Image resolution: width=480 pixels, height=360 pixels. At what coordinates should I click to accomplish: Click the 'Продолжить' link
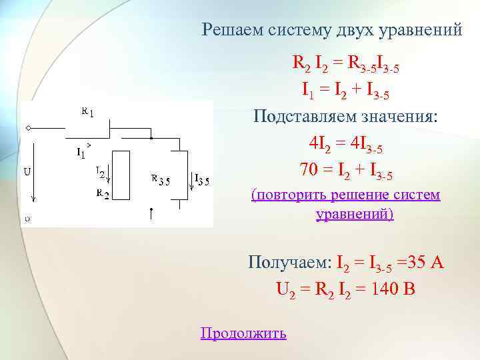pyautogui.click(x=243, y=333)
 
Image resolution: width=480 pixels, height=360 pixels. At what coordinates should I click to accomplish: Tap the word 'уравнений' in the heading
pyautogui.click(x=419, y=30)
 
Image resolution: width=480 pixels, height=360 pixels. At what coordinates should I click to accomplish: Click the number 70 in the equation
pyautogui.click(x=309, y=171)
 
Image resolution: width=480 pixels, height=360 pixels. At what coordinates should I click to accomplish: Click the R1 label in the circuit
pyautogui.click(x=87, y=111)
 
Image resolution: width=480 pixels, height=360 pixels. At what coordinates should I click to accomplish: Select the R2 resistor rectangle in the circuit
pyautogui.click(x=121, y=175)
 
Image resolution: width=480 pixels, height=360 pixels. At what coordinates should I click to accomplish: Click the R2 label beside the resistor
pyautogui.click(x=103, y=194)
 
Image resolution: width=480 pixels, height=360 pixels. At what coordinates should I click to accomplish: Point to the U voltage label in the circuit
pyautogui.click(x=27, y=171)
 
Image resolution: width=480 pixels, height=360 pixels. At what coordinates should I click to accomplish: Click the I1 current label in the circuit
pyautogui.click(x=81, y=153)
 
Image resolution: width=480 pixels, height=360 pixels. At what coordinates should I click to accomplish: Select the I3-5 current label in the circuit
pyautogui.click(x=202, y=179)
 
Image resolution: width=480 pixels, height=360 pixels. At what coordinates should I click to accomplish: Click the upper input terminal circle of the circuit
pyautogui.click(x=27, y=127)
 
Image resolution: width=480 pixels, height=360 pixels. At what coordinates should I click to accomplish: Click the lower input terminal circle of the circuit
pyautogui.click(x=27, y=217)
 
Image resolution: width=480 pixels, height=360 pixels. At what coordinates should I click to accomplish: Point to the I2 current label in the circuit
pyautogui.click(x=100, y=172)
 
